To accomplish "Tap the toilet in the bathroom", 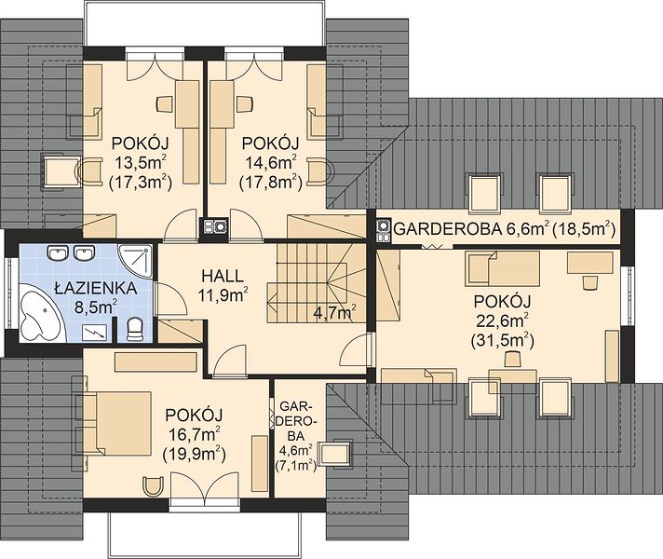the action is [x=135, y=330].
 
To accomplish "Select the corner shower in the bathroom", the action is [x=134, y=260].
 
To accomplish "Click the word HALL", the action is [x=223, y=276].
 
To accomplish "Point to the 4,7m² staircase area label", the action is [x=334, y=313].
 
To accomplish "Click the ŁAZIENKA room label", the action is [x=96, y=288].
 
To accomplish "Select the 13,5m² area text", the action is [x=140, y=163].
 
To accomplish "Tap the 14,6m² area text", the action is [x=270, y=163].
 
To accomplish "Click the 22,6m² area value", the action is [x=502, y=321].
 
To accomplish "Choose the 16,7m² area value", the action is [x=194, y=434].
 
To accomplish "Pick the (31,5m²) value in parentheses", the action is [x=502, y=341].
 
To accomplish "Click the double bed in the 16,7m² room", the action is [x=113, y=423].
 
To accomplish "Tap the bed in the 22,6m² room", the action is [x=502, y=268].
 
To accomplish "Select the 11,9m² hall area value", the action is [x=223, y=295].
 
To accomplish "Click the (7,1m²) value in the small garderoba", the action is [x=296, y=466].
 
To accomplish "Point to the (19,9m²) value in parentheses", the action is [x=194, y=454].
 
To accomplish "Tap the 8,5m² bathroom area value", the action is [x=96, y=307].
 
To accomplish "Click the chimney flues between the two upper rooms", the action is [x=214, y=227].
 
